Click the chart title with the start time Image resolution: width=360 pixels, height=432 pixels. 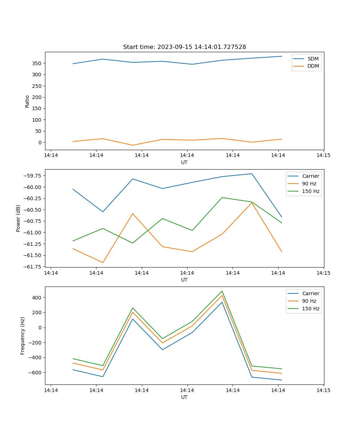184,47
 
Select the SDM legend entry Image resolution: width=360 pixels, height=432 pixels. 313,59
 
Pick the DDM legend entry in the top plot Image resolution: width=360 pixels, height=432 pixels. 313,66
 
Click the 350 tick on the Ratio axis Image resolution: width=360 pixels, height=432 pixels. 38,63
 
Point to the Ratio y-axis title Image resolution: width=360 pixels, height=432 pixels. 27,101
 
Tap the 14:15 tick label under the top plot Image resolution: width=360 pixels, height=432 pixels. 323,156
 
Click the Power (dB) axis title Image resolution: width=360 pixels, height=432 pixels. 18,218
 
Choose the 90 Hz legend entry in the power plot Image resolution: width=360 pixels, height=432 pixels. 309,184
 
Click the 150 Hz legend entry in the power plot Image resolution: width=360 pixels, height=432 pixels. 310,191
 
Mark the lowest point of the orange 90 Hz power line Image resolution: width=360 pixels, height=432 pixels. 103,262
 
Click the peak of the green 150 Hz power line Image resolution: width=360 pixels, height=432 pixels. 222,197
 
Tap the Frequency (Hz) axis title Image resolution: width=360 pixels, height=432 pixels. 23,336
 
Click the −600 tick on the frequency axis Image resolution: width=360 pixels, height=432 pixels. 36,373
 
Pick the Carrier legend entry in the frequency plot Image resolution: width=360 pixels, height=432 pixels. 310,293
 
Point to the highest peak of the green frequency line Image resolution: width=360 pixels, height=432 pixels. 222,291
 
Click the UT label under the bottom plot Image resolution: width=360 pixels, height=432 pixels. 184,397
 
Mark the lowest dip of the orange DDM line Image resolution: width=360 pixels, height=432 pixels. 133,145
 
